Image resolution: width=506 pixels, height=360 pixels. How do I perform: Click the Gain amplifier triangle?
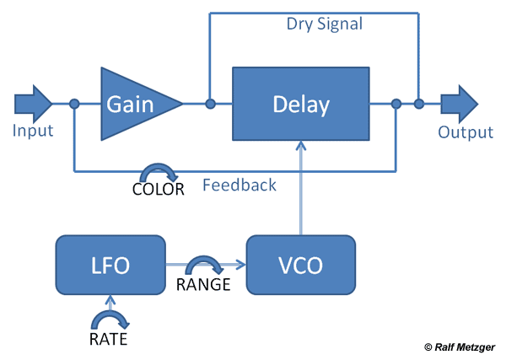pos(136,104)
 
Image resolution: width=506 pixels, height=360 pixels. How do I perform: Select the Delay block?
pos(301,104)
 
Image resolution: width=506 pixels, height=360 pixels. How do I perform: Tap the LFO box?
pos(110,265)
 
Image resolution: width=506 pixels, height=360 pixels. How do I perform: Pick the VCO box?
pos(301,265)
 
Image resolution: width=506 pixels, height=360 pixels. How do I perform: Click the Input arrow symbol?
pos(33,104)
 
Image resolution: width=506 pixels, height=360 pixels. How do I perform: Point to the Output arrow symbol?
pos(460,104)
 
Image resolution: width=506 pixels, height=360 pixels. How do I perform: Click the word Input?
pos(33,131)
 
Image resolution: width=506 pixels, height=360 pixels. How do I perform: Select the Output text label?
pos(466,132)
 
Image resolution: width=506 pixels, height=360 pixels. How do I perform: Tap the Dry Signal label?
pos(325,24)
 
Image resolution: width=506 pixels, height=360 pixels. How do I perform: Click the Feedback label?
pos(240,185)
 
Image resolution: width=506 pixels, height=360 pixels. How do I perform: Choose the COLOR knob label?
pos(159,189)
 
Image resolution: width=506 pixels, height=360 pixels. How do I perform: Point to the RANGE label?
pos(203,284)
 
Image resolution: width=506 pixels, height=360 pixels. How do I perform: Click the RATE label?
pos(109,339)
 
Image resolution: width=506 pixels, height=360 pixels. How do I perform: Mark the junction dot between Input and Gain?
pos(74,104)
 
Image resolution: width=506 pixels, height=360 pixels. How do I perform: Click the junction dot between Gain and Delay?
pos(210,104)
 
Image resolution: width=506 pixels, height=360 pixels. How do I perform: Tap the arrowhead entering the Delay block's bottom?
pos(301,146)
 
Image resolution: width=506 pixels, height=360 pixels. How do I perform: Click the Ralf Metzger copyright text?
pos(460,347)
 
